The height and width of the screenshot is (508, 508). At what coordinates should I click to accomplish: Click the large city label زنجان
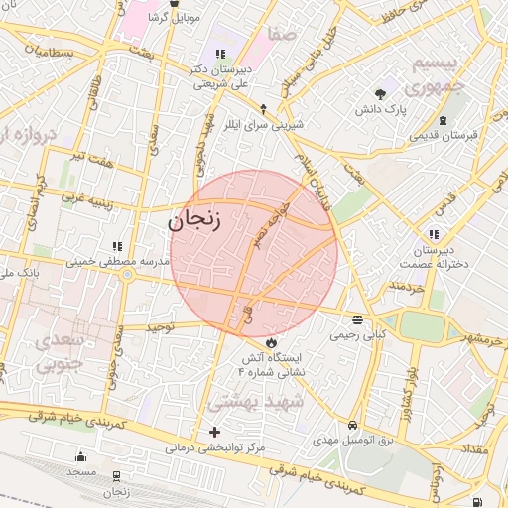point(194,222)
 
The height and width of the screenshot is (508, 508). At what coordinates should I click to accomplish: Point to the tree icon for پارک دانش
point(381,94)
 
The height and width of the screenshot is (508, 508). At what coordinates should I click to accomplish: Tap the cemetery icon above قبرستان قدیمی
point(442,121)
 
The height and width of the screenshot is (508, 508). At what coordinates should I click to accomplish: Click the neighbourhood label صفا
point(282,36)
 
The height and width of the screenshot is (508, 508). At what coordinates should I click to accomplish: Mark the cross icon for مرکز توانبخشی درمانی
point(215,432)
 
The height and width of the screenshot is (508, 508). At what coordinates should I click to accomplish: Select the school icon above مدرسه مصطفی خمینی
point(117,245)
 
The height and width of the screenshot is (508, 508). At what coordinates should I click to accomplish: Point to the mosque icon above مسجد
point(81,457)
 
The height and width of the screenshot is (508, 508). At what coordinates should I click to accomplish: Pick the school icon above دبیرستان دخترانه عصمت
point(434,234)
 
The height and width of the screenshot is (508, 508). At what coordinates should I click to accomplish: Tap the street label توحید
point(160,326)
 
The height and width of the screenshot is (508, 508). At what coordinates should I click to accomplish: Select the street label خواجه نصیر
point(270,224)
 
